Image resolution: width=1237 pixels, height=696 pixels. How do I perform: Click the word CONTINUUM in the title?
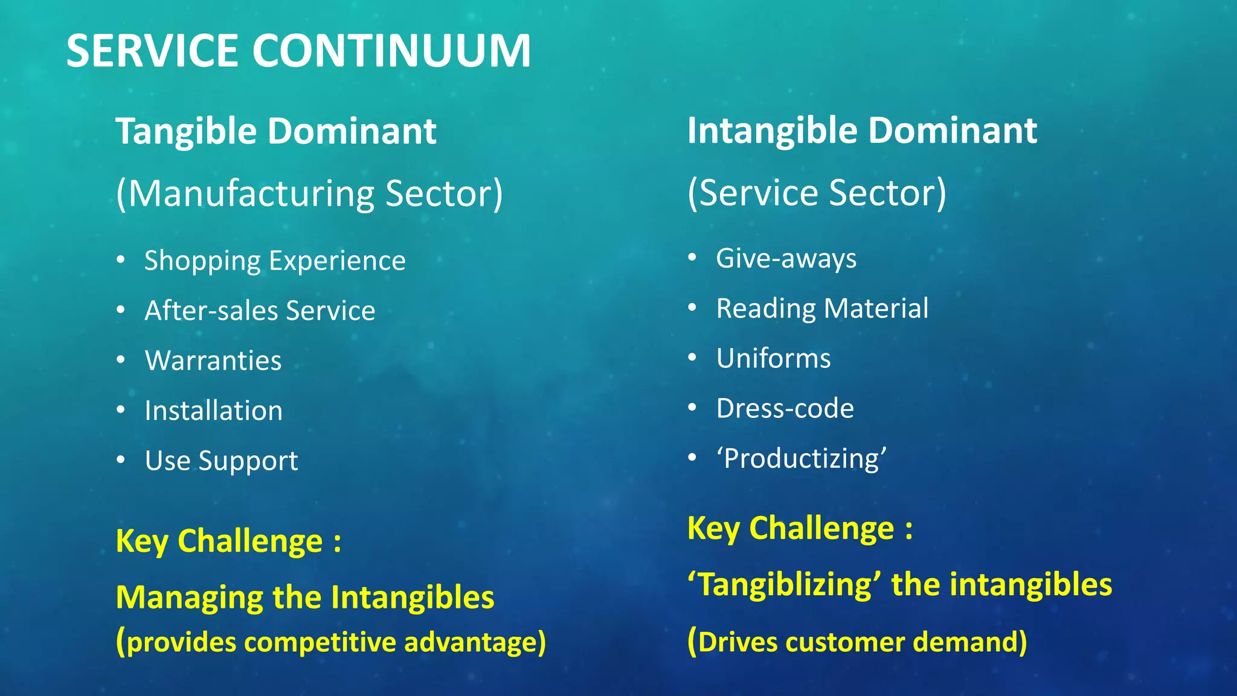point(391,51)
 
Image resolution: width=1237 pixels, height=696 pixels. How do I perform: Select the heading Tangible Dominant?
point(275,131)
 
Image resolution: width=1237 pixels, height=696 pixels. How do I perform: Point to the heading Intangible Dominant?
point(862,130)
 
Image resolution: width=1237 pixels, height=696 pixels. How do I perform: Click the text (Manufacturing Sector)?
point(309,194)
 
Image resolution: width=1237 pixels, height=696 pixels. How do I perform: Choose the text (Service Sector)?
point(817,193)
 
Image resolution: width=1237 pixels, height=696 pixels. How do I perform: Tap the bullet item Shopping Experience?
point(275,261)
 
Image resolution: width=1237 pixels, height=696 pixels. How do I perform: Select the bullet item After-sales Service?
point(260,311)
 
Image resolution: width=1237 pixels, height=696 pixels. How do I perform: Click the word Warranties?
point(213,361)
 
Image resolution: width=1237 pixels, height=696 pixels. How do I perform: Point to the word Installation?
point(213,411)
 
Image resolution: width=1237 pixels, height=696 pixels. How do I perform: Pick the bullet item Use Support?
point(221,461)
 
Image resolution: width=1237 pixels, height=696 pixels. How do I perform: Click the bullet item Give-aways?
point(786,259)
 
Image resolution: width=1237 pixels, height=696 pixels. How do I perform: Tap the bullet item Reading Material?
point(822,309)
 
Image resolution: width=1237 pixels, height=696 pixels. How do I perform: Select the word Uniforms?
point(773,358)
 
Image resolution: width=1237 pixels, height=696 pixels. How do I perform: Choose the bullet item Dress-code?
point(785,408)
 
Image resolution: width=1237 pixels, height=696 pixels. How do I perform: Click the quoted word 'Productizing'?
point(802,459)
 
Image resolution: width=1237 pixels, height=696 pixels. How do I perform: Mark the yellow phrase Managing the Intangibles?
point(305,598)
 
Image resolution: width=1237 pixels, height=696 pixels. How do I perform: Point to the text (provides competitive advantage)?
point(331,642)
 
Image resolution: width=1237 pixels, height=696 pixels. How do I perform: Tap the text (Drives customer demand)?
point(857,642)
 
